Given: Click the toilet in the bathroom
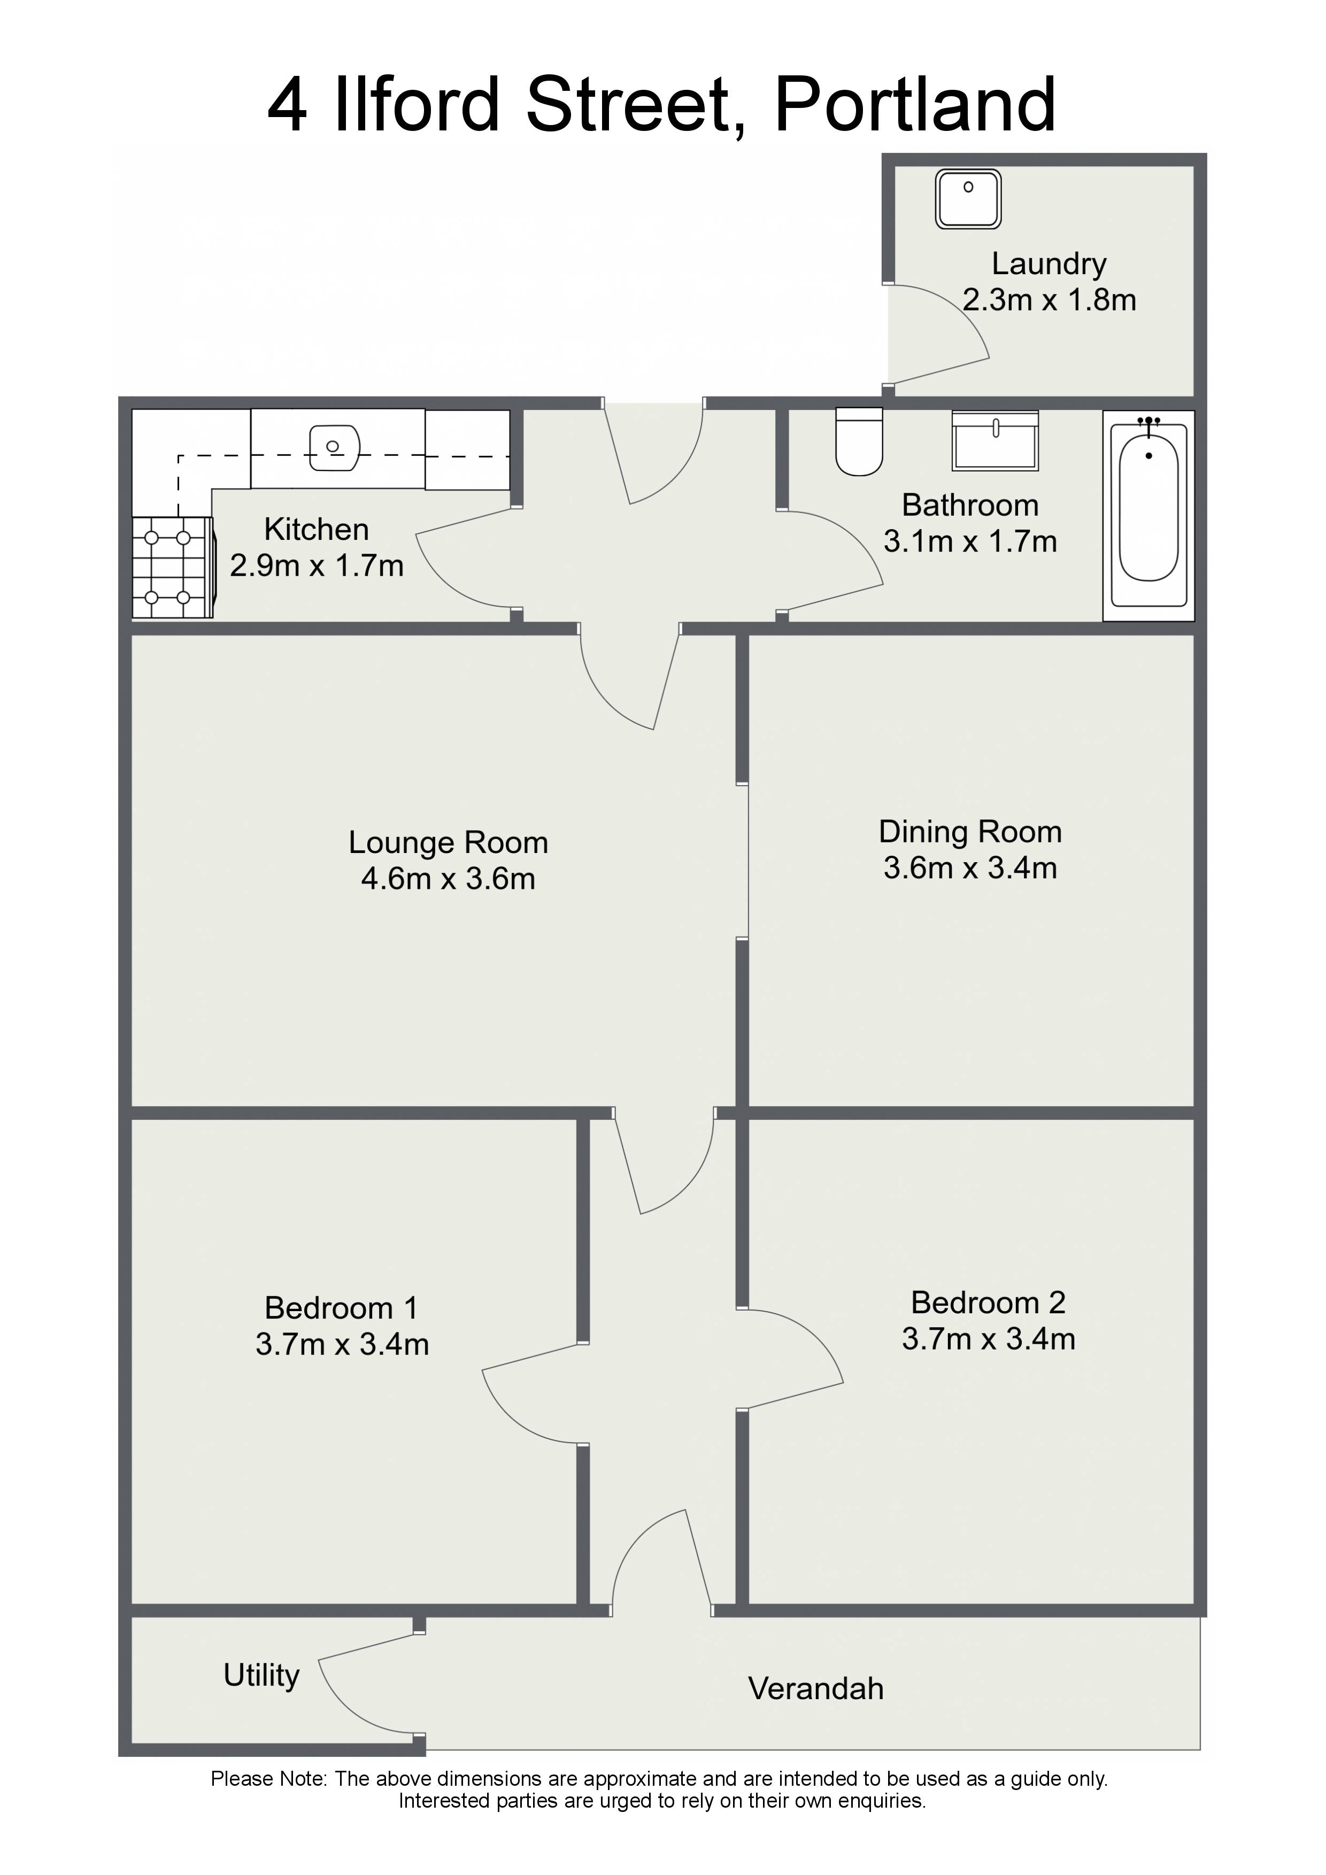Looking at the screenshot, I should pyautogui.click(x=859, y=442).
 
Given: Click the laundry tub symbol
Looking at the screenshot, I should pyautogui.click(x=968, y=198).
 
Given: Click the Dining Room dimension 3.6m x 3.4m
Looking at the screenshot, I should pyautogui.click(x=970, y=868).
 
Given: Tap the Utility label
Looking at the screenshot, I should pyautogui.click(x=261, y=1675).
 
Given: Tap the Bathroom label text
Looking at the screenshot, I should pyautogui.click(x=970, y=506).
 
